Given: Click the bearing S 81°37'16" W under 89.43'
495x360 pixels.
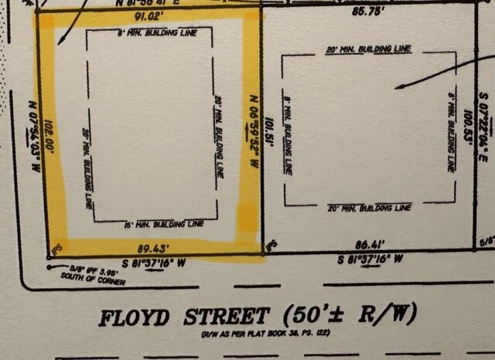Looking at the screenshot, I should [x=152, y=262].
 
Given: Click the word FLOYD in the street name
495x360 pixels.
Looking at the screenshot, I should [x=134, y=318].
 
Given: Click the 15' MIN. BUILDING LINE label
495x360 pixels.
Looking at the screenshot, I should [x=164, y=225].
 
